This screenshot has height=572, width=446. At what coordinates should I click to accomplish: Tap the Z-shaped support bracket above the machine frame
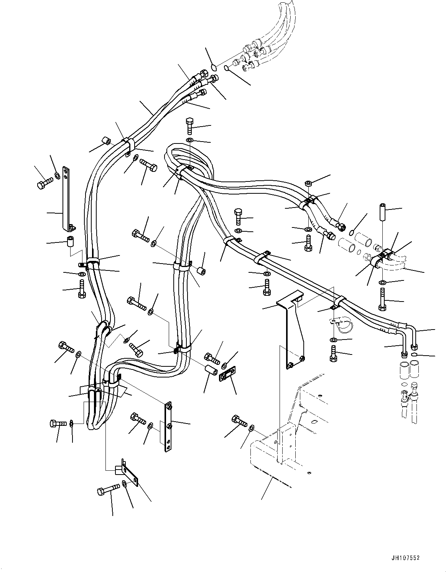292,330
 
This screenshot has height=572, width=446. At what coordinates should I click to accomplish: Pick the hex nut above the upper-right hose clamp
308,184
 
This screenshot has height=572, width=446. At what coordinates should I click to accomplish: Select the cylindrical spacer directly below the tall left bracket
70,242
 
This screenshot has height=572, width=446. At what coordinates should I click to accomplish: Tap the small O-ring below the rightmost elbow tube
414,355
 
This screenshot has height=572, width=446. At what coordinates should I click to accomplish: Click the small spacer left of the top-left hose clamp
106,142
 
